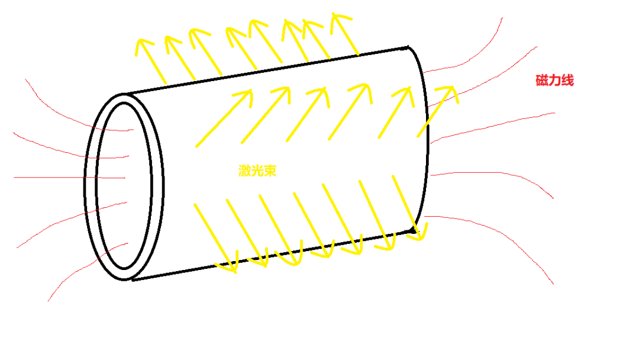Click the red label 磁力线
coord(554,81)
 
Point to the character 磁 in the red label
coord(542,81)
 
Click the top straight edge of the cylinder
coord(266,70)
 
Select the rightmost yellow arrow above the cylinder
coord(346,33)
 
